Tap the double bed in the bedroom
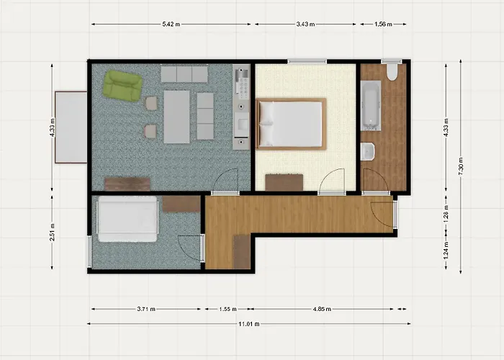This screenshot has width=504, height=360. [290, 123]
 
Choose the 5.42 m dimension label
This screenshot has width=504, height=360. [171, 24]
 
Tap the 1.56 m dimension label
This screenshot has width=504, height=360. [383, 24]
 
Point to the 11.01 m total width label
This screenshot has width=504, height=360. [248, 323]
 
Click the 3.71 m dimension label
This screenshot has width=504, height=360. [146, 309]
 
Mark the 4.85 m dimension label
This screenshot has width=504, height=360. [323, 309]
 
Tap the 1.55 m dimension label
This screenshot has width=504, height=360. [226, 309]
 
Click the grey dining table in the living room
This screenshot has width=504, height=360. [176, 115]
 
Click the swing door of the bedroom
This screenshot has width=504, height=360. [333, 180]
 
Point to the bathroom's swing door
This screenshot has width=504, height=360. [374, 180]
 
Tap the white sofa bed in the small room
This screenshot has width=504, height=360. [127, 219]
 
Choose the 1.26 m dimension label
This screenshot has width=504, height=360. [446, 214]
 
